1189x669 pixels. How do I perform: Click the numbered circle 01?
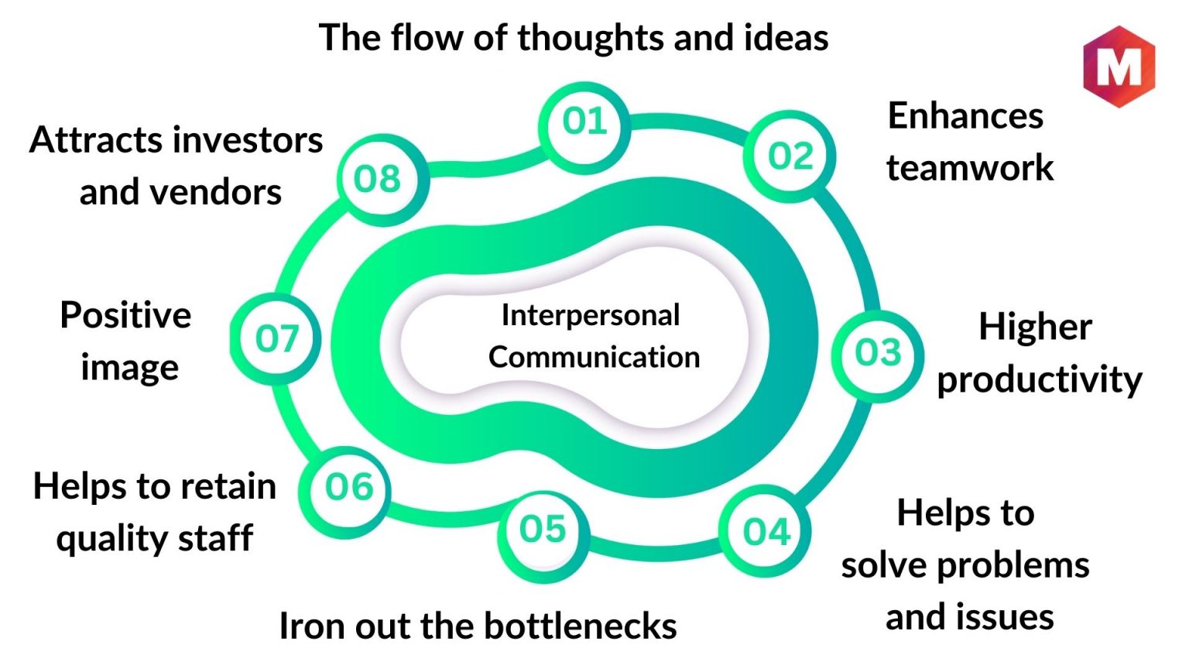pos(584,128)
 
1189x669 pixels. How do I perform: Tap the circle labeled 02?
pos(790,156)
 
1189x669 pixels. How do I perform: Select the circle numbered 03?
pos(878,356)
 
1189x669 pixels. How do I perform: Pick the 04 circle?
pos(765,531)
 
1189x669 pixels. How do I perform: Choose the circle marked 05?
pos(543,537)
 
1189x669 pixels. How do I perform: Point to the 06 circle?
pos(344,492)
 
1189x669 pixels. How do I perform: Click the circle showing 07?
pos(276,338)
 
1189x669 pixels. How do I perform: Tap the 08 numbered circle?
pos(382,180)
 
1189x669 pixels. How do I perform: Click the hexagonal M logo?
pos(1119,67)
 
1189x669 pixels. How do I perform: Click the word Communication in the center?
pos(594,357)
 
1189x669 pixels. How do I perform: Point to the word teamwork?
pos(970,167)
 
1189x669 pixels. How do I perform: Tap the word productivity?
pos(1040,380)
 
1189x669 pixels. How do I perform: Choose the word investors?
pos(248,140)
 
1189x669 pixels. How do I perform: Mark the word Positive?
pos(125,315)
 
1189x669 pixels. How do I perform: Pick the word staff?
pos(215,537)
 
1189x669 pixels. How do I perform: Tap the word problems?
pos(1013,565)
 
